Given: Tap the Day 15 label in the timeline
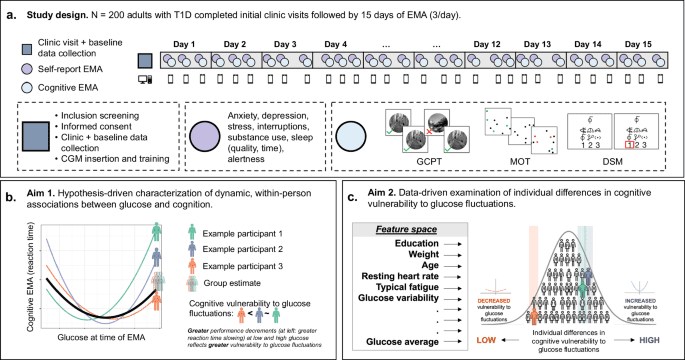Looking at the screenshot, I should [x=640, y=46].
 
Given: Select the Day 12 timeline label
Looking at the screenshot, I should [x=487, y=46].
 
